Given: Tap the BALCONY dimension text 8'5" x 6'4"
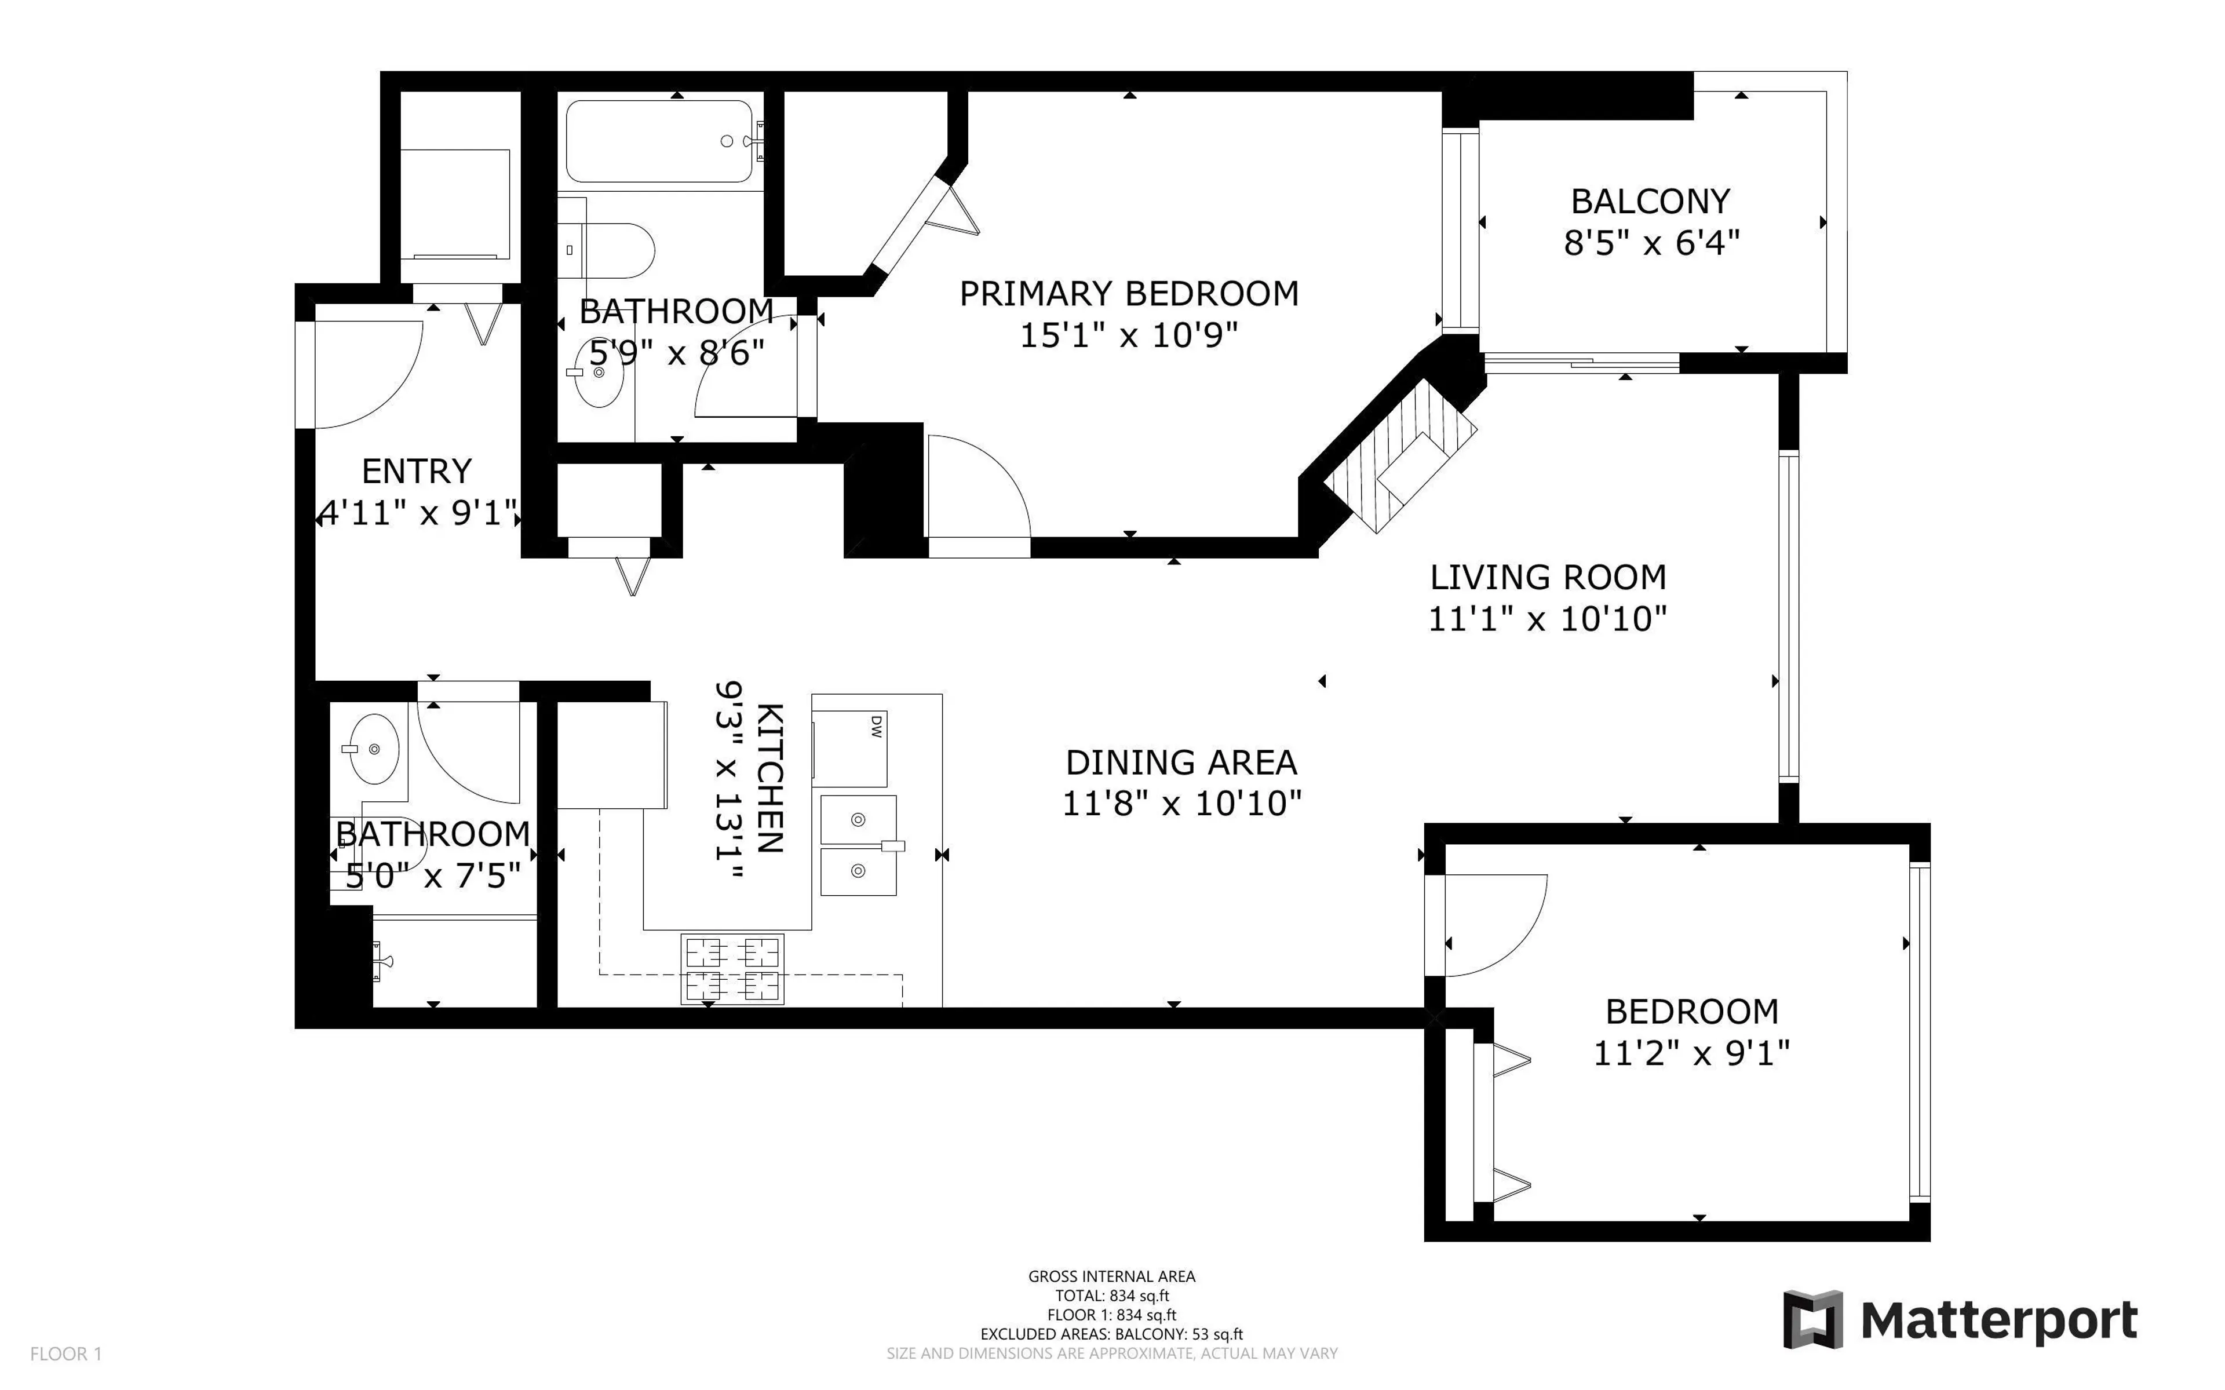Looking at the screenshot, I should tap(1651, 243).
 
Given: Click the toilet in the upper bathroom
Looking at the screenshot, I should tap(616, 250).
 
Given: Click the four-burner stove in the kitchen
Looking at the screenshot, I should tap(732, 968).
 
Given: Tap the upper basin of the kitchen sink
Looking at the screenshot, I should tap(858, 818).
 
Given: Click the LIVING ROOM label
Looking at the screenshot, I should tap(1548, 577).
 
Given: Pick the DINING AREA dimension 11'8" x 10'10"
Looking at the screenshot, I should tap(1182, 804).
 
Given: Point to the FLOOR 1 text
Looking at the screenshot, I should tap(65, 1353).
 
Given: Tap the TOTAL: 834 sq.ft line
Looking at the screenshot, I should tap(1111, 1296).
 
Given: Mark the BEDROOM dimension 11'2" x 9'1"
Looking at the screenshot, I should tap(1691, 1053).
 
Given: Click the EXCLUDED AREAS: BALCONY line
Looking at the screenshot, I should tap(1111, 1334).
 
